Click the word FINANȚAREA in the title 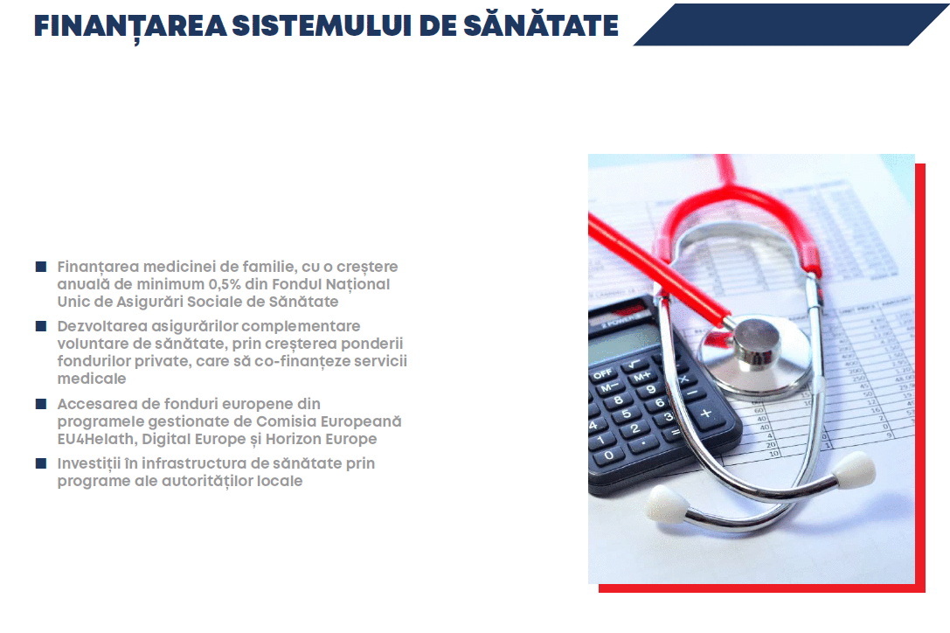pyautogui.click(x=129, y=26)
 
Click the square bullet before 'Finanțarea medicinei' pyautogui.click(x=41, y=266)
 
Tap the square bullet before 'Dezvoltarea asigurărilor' pyautogui.click(x=41, y=325)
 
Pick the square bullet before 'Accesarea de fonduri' pyautogui.click(x=41, y=403)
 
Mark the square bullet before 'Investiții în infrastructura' pyautogui.click(x=41, y=463)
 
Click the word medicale pyautogui.click(x=92, y=379)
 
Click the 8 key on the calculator pyautogui.click(x=618, y=400)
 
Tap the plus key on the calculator pyautogui.click(x=706, y=414)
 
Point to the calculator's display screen pyautogui.click(x=621, y=344)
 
